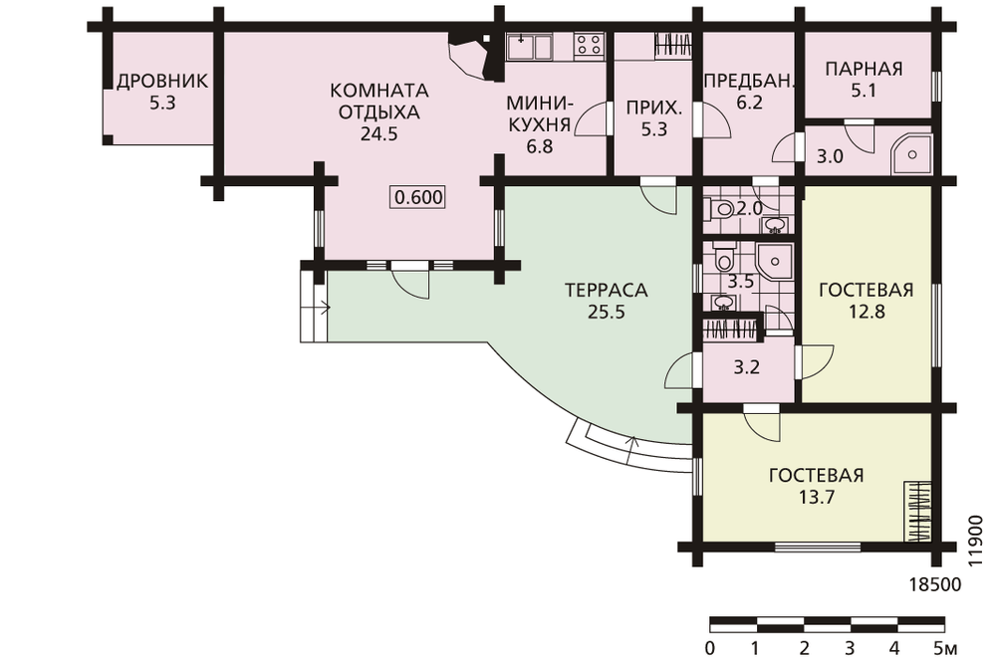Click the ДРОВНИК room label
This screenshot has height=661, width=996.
(162, 82)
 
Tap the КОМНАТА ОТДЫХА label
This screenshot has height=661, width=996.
(379, 101)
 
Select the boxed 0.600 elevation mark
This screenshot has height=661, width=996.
(418, 197)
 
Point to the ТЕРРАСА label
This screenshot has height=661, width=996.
(606, 290)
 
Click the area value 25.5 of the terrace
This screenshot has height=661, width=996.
(606, 312)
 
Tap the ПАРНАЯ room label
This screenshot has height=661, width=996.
(864, 69)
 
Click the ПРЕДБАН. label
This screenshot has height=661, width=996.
(749, 81)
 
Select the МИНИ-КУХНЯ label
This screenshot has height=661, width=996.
(539, 113)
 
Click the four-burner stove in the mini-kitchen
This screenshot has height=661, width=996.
(589, 46)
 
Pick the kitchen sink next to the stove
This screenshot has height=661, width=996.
(529, 46)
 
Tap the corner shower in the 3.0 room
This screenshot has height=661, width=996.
(910, 153)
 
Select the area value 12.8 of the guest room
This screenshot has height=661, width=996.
(867, 312)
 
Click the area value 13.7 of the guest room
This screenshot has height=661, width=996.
(817, 497)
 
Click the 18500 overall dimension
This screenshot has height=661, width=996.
(935, 584)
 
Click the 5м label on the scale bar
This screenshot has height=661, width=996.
(945, 648)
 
